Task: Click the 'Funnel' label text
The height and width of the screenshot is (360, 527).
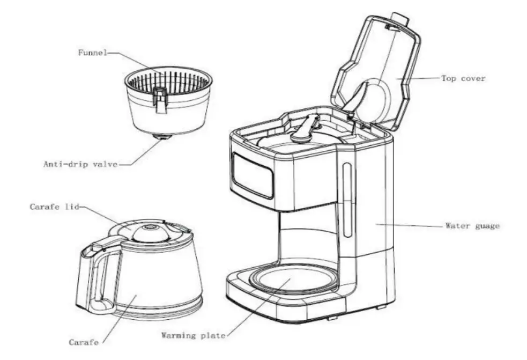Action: [92, 53]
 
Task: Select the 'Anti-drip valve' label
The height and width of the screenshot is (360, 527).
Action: [80, 164]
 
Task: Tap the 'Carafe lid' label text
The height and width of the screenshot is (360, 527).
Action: [55, 207]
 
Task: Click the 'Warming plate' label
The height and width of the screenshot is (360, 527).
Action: [193, 335]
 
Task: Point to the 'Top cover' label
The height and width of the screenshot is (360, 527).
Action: [464, 78]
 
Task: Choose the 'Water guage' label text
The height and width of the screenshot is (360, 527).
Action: [472, 225]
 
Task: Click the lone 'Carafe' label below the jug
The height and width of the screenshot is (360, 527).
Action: [84, 342]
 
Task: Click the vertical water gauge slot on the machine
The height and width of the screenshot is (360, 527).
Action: [347, 200]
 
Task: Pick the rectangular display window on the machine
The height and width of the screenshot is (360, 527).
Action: [253, 175]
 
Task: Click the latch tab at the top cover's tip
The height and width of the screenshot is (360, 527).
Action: [400, 19]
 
